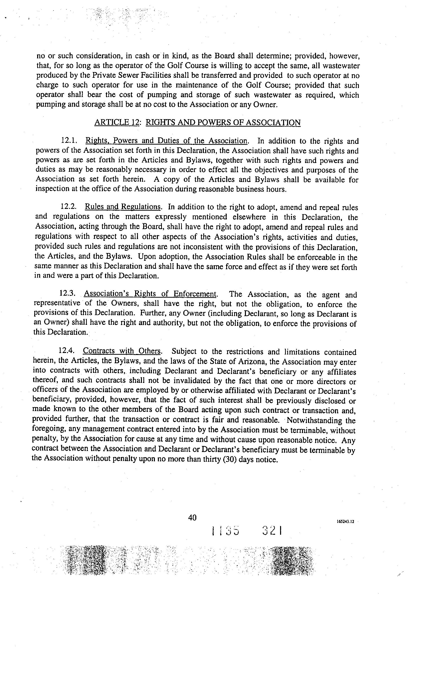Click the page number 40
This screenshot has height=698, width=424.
point(192,518)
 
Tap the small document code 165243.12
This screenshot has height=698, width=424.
point(345,521)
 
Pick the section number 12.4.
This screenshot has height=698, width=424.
point(67,350)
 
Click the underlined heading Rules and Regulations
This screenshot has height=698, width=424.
point(123,207)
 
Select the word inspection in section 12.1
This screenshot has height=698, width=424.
point(52,189)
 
